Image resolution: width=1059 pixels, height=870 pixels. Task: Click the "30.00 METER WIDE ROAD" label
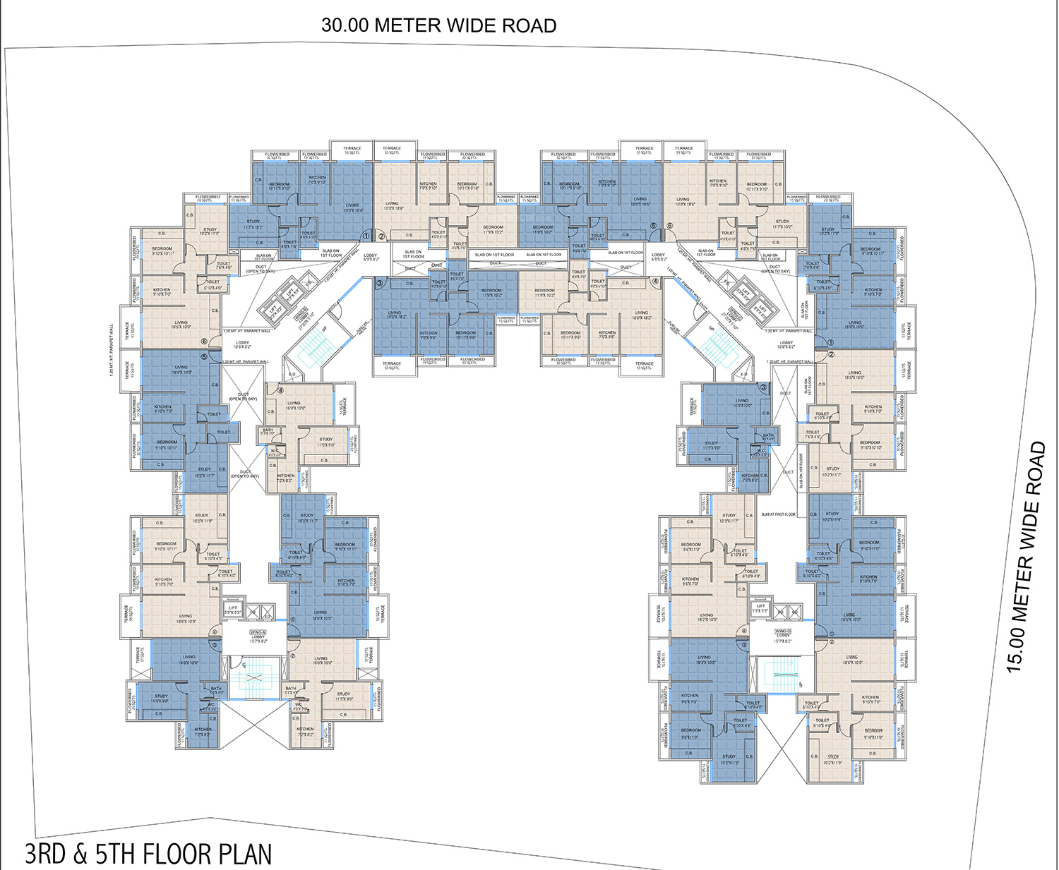[x=438, y=25]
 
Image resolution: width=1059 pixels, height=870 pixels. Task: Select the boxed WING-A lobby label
[x=258, y=632]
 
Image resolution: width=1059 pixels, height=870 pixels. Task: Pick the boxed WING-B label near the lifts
[x=301, y=310]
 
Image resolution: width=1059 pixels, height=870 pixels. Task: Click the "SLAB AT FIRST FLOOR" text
[x=778, y=514]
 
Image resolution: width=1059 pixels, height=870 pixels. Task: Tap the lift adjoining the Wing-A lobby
[x=233, y=610]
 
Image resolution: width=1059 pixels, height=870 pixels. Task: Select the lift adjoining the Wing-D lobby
[x=760, y=609]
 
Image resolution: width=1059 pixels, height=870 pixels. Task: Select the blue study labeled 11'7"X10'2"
[x=253, y=225]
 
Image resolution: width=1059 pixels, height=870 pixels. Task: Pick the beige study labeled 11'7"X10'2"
[x=782, y=224]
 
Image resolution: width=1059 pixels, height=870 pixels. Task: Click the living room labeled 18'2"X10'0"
[x=707, y=617]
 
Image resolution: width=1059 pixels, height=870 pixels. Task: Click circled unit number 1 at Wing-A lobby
[x=292, y=621]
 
